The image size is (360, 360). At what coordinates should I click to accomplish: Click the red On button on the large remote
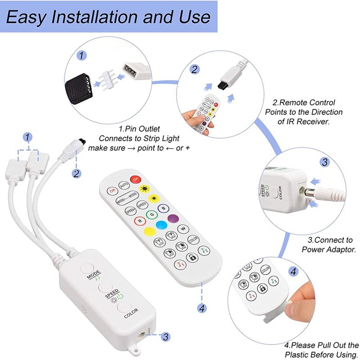(x=135, y=179)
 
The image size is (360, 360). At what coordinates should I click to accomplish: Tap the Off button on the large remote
(x=112, y=190)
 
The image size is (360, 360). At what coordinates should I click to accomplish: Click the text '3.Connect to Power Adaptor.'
(x=327, y=244)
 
